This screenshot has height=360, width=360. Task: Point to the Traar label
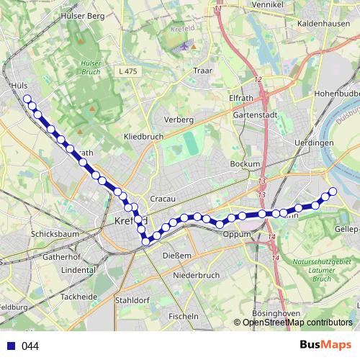coord(203,71)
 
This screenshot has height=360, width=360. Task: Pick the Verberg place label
coord(179,119)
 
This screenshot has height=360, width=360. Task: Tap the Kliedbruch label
coord(144,135)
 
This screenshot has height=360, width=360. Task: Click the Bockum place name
coord(244,164)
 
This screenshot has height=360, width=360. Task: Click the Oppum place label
coord(236,235)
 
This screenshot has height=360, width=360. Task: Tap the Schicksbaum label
coord(55,235)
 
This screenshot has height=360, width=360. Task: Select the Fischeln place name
coord(183,316)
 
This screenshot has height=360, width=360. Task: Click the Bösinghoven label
coord(276,313)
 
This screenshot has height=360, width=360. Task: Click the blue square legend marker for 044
coord(11,346)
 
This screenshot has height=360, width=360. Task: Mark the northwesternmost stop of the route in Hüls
coord(27,99)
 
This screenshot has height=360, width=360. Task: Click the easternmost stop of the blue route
coord(333,191)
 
